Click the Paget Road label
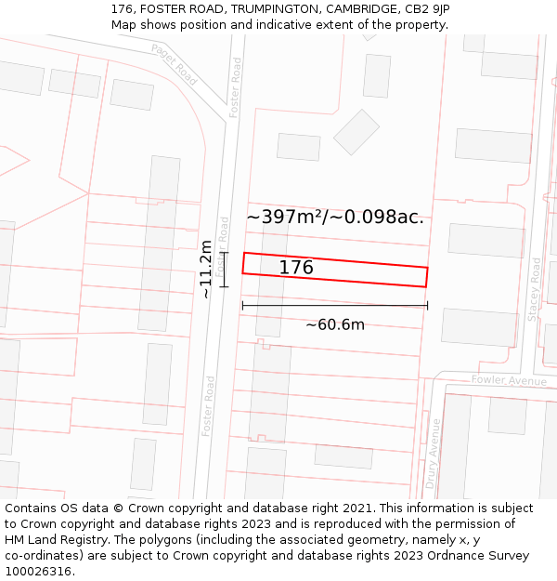pyautogui.click(x=174, y=65)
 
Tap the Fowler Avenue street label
pyautogui.click(x=509, y=380)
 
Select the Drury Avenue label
pyautogui.click(x=433, y=454)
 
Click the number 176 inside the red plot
pyautogui.click(x=296, y=268)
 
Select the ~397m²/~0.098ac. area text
pyautogui.click(x=335, y=217)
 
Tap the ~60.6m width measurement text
pyautogui.click(x=335, y=324)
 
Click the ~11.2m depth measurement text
pyautogui.click(x=206, y=269)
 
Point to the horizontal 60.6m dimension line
pyautogui.click(x=335, y=305)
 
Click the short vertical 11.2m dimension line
pyautogui.click(x=225, y=269)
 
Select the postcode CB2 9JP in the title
pyautogui.click(x=427, y=9)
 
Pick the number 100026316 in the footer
pyautogui.click(x=40, y=572)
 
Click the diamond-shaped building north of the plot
pyautogui.click(x=356, y=132)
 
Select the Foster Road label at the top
pyautogui.click(x=236, y=86)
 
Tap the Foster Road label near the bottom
pyautogui.click(x=209, y=406)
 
